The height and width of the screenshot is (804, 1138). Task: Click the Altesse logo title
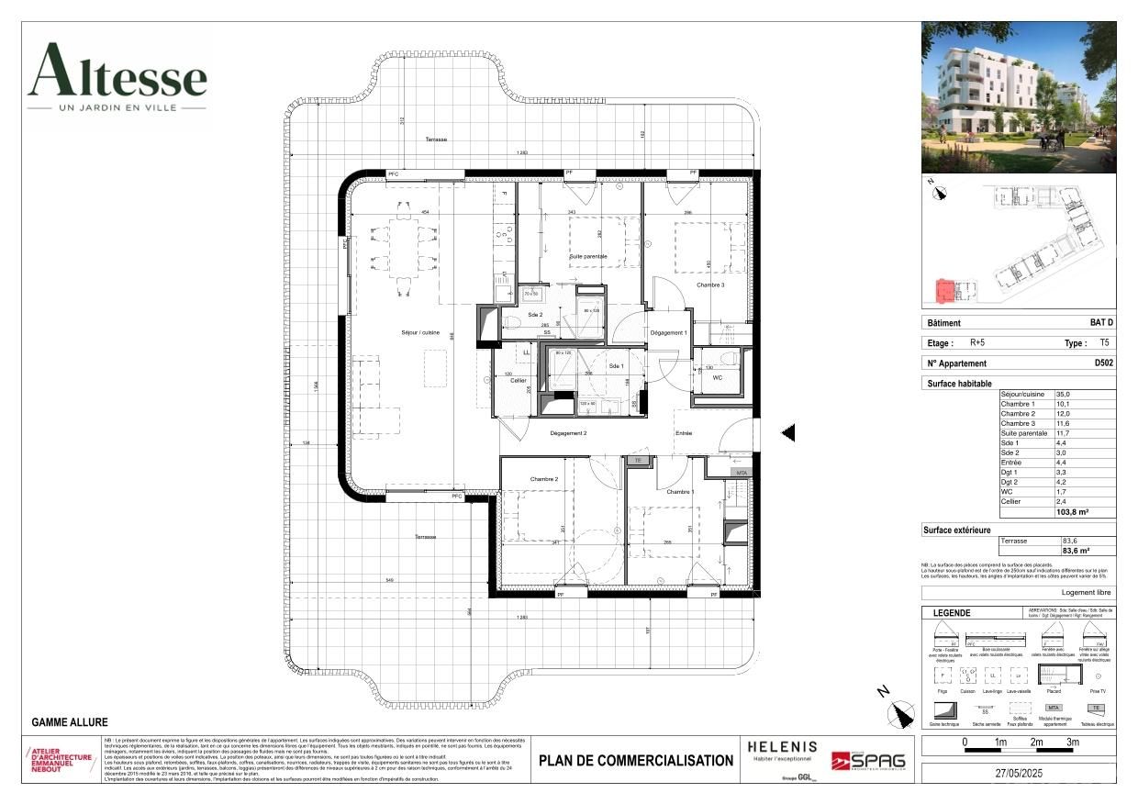click(x=117, y=72)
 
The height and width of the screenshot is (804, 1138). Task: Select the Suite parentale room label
click(x=588, y=256)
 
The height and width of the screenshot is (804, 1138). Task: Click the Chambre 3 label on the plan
click(x=709, y=285)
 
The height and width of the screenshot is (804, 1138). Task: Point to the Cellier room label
click(x=519, y=380)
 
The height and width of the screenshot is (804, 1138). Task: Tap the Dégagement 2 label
click(x=568, y=432)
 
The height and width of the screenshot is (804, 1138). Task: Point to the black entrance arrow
click(x=787, y=433)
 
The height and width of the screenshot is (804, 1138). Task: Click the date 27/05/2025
click(x=1017, y=773)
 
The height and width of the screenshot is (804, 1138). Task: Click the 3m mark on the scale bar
click(x=1072, y=742)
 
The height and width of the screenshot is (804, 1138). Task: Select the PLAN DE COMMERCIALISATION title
click(x=636, y=760)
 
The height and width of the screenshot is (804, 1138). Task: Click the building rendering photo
click(x=1018, y=97)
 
